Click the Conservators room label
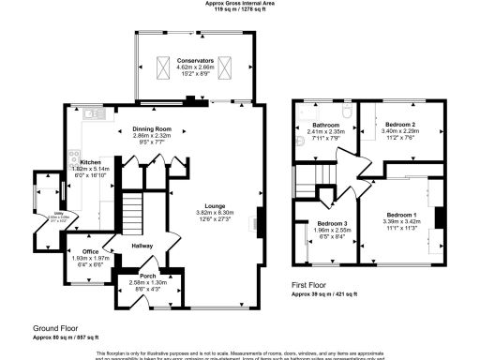[x=196, y=59]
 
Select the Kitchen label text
[x=90, y=161]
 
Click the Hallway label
[x=142, y=247]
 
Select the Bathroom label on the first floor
[x=326, y=125]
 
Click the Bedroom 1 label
[x=402, y=215]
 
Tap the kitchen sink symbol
[x=93, y=114]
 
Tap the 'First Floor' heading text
[x=312, y=285]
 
